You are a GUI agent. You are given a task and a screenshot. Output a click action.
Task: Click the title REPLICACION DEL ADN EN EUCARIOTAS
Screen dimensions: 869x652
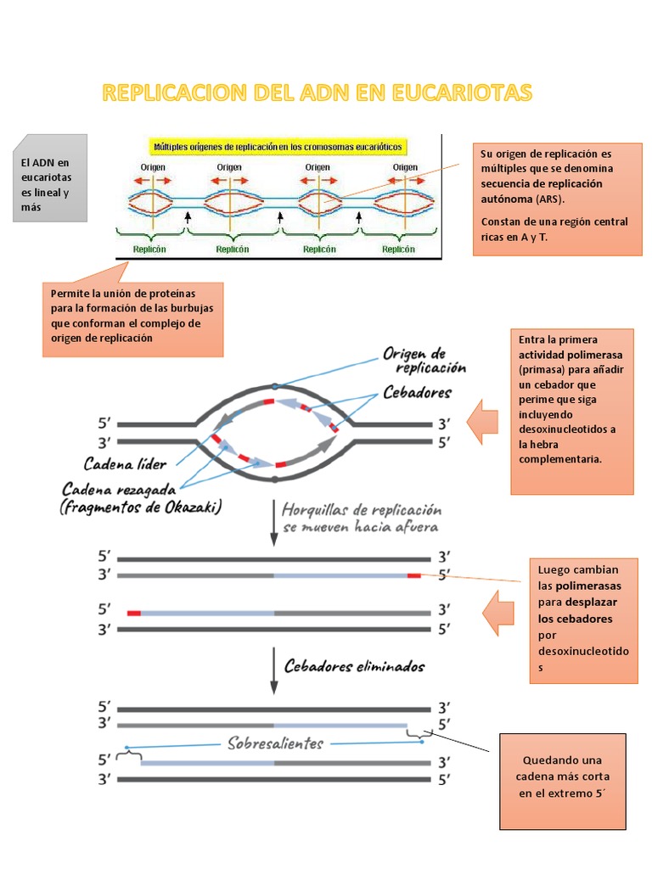click(317, 93)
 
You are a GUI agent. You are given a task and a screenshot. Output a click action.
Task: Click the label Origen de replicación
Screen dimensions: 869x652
click(424, 360)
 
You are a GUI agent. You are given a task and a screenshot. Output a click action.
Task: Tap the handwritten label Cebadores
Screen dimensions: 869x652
click(417, 393)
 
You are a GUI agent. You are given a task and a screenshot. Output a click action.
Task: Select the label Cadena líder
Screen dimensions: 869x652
click(125, 463)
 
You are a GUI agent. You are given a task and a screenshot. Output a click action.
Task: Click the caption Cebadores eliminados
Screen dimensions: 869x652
click(354, 666)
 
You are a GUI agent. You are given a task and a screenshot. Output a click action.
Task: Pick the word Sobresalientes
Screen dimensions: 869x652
click(275, 743)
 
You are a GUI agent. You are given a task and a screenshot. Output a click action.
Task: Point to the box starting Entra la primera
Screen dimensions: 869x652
click(571, 411)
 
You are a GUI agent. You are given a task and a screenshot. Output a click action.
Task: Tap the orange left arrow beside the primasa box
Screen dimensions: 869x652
click(483, 423)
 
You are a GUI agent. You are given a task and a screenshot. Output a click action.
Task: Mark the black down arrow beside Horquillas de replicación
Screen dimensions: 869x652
click(273, 522)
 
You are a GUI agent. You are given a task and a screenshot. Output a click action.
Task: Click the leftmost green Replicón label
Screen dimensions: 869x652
click(149, 249)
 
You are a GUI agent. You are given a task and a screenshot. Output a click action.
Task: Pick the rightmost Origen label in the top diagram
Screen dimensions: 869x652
click(405, 168)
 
